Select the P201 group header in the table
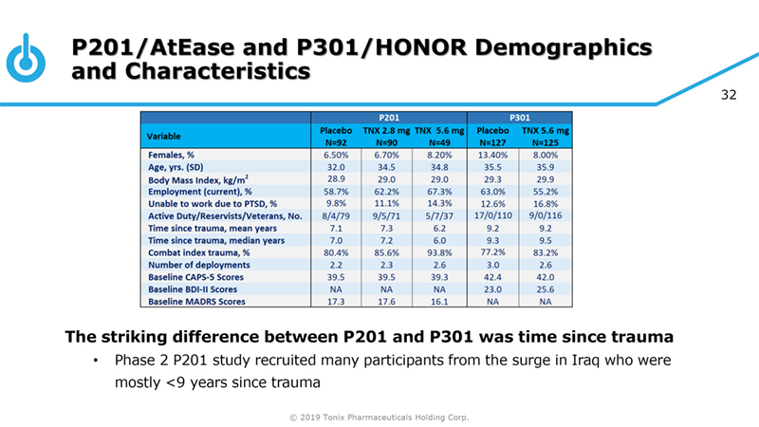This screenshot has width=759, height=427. coord(389,116)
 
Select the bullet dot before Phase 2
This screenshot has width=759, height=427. coord(95,362)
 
